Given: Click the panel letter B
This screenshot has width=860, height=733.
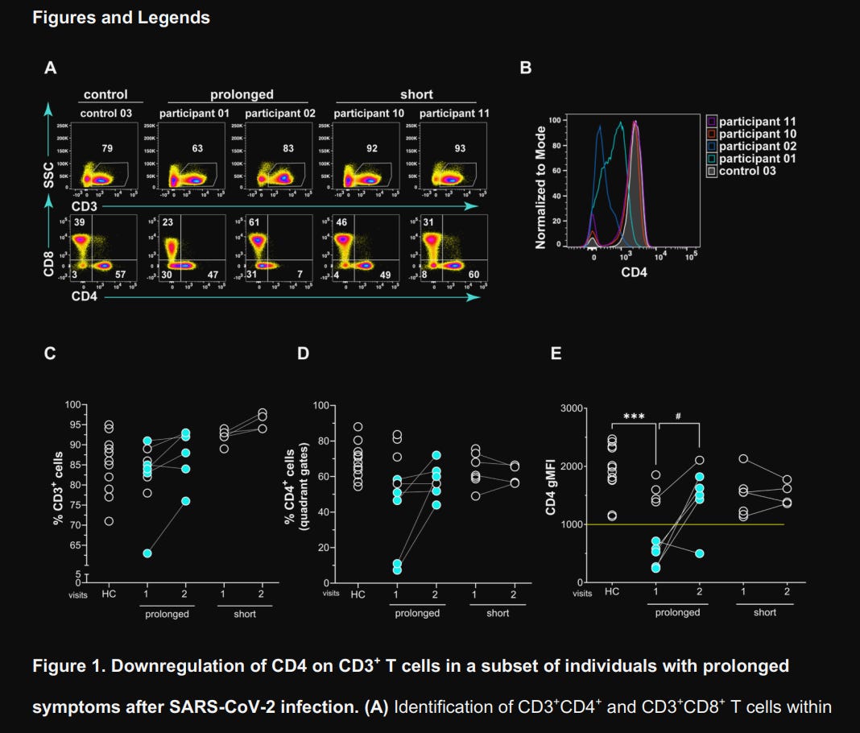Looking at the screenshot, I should pos(526,68).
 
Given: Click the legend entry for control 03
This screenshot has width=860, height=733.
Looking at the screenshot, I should pos(747,171).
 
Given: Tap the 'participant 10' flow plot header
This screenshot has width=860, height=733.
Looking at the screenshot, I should pos(369,114).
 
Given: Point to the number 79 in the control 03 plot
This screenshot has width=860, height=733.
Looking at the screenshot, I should pos(106,148).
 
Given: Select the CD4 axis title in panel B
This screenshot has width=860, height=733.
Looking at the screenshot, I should pos(633,272).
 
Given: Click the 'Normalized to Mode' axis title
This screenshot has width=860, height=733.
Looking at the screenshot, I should pos(541,185).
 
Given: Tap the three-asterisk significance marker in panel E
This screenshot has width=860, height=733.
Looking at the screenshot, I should pos(635,416).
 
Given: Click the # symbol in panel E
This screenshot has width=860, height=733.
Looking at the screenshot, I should pos(678,416).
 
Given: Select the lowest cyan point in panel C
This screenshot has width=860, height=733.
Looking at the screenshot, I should pos(147,553).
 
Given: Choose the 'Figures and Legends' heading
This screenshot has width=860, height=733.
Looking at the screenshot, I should pos(121,18).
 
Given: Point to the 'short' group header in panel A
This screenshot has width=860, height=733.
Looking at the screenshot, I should pos(416,94).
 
